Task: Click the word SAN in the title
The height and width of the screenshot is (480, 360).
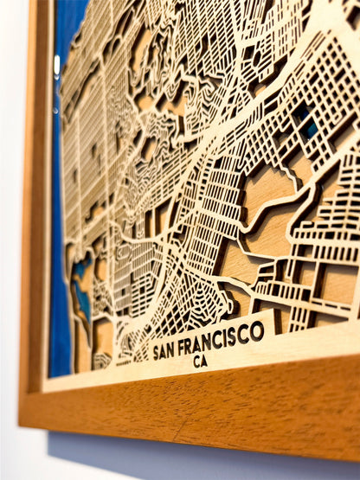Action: tap(168, 349)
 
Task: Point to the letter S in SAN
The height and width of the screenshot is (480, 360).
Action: tap(157, 352)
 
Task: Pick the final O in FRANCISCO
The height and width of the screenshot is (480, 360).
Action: tap(258, 330)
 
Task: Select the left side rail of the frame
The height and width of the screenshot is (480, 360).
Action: tap(35, 216)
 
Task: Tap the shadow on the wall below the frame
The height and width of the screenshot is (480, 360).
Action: tap(173, 458)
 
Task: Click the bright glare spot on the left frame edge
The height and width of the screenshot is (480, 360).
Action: tap(56, 65)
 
